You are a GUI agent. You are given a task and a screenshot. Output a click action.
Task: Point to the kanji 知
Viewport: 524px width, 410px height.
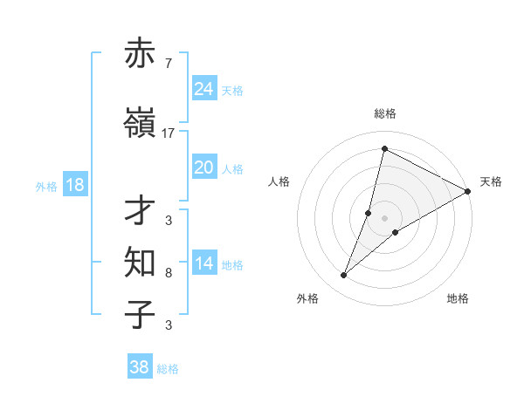point(140,262)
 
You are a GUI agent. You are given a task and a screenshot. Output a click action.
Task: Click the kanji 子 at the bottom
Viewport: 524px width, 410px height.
point(140,314)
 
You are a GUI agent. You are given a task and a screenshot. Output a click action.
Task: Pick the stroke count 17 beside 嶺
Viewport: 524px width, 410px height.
point(169,133)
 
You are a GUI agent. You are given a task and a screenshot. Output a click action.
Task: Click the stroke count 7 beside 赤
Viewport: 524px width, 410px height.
point(168,64)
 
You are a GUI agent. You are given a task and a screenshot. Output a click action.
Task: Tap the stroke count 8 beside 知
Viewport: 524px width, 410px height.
point(168,273)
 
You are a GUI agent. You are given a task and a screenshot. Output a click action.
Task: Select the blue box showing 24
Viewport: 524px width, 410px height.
point(203,88)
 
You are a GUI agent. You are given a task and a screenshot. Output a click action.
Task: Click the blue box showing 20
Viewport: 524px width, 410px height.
point(203,167)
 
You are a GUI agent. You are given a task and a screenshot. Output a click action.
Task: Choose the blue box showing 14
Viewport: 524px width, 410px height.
point(203,263)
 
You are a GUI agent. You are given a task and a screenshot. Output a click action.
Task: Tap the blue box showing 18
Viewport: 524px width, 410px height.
point(74,185)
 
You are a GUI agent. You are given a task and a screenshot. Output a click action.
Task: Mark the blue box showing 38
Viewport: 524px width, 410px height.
point(139,367)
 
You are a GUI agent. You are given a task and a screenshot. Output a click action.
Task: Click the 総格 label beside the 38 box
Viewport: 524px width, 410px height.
point(168,369)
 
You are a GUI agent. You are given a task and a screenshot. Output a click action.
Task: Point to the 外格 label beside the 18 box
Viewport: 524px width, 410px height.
point(45,187)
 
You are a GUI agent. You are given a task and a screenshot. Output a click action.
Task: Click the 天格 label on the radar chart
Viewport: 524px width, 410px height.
point(491,181)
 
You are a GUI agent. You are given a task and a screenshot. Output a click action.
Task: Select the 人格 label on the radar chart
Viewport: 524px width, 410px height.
point(279,181)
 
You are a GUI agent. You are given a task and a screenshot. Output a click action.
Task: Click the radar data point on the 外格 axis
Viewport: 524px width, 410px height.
point(343,276)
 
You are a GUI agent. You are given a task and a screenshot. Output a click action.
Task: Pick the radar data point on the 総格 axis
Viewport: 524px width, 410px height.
point(384,149)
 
